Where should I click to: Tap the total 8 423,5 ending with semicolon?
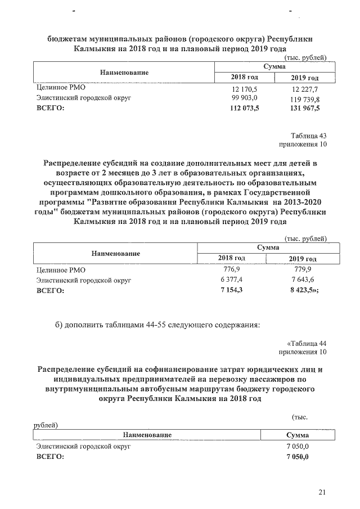[305, 290]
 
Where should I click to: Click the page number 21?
[322, 493]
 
